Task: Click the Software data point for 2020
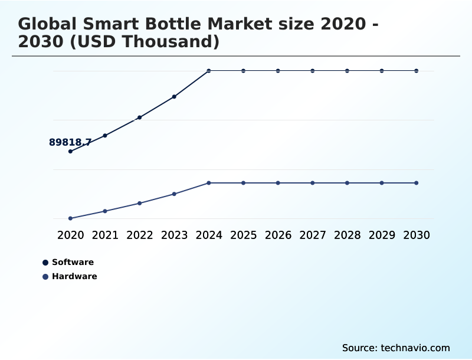pyautogui.click(x=70, y=151)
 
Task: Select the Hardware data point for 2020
pyautogui.click(x=70, y=218)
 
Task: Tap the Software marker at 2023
pyautogui.click(x=174, y=96)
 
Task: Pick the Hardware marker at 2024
pyautogui.click(x=209, y=183)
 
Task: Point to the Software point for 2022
pyautogui.click(x=140, y=117)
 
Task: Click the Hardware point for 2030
pyautogui.click(x=417, y=183)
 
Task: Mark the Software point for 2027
pyautogui.click(x=313, y=71)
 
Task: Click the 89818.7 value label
pyautogui.click(x=70, y=142)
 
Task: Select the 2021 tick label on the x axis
pyautogui.click(x=105, y=235)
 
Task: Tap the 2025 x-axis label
pyautogui.click(x=243, y=235)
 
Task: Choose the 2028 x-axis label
pyautogui.click(x=347, y=235)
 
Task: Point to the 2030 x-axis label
pyautogui.click(x=417, y=235)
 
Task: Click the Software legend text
pyautogui.click(x=73, y=262)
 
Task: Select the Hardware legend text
pyautogui.click(x=74, y=276)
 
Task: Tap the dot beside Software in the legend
pyautogui.click(x=45, y=263)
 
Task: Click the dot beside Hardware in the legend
pyautogui.click(x=45, y=277)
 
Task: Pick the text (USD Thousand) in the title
pyautogui.click(x=154, y=42)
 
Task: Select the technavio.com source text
pyautogui.click(x=415, y=348)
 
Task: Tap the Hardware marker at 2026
pyautogui.click(x=278, y=183)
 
